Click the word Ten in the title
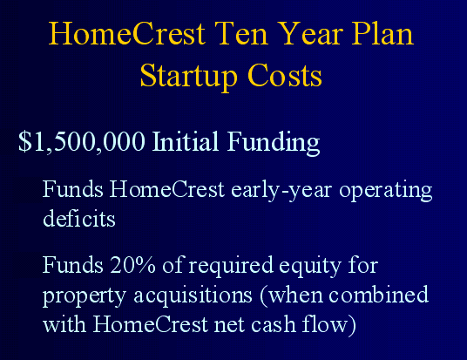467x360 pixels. [x=241, y=33]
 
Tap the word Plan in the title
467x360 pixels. [x=382, y=33]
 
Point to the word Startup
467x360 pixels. [x=188, y=77]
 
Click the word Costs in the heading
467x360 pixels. [x=284, y=76]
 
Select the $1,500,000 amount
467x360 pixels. [x=82, y=141]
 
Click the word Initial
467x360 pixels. [x=186, y=141]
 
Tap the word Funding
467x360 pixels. [x=274, y=143]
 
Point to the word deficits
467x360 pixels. [x=79, y=218]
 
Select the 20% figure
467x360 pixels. [x=132, y=265]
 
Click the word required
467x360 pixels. [x=231, y=266]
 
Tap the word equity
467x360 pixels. [x=310, y=267]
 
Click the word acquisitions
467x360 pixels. [x=193, y=295]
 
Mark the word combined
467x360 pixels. [x=378, y=294]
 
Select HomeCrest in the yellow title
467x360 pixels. [x=127, y=33]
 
